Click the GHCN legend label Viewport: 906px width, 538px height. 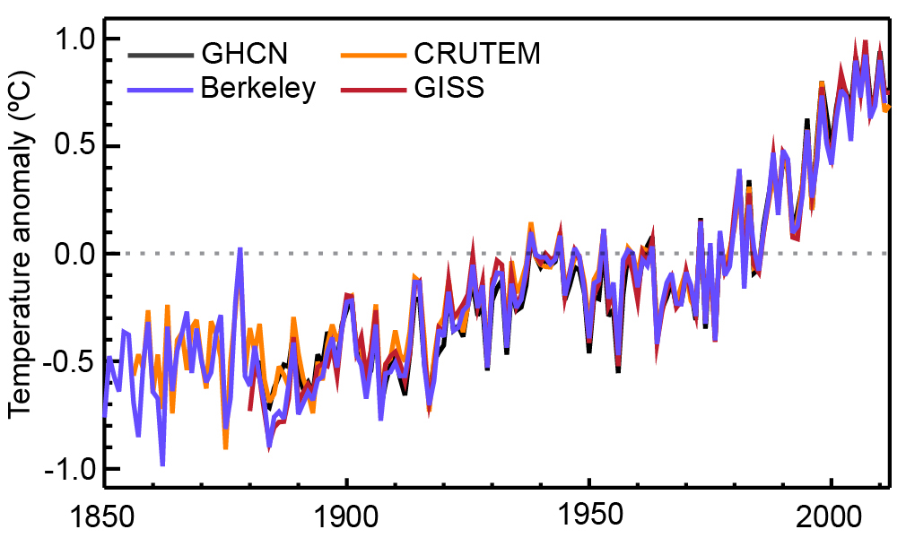244,53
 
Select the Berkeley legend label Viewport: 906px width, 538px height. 258,88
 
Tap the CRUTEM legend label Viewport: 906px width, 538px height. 477,53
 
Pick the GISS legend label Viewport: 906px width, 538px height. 449,88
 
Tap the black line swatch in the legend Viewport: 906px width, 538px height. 161,55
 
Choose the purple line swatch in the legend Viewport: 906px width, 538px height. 161,89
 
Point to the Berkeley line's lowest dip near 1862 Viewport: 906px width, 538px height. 162,464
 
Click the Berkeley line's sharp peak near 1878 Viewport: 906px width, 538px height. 240,249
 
